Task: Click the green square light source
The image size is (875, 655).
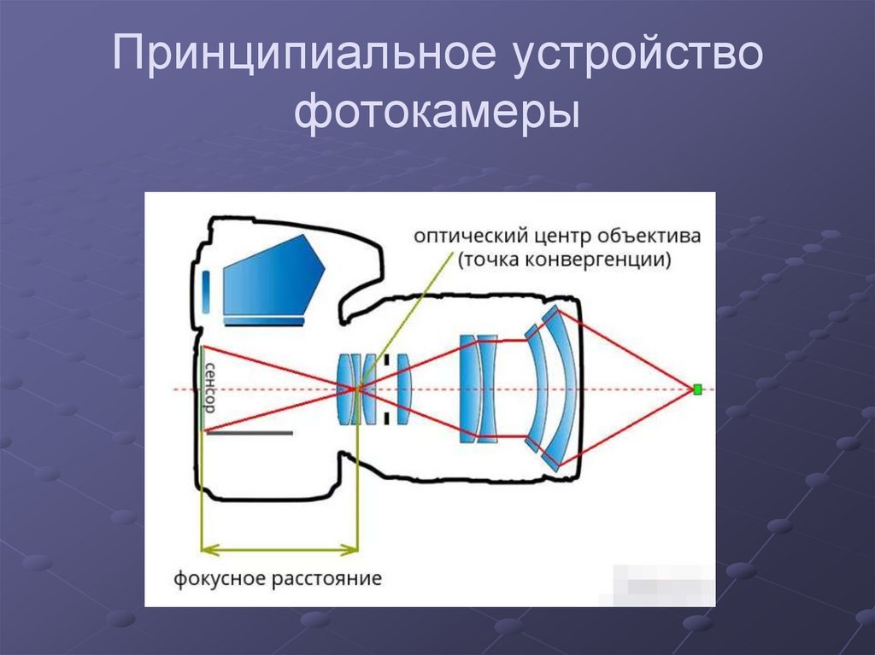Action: click(x=697, y=389)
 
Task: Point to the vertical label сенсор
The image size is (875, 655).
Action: click(x=209, y=386)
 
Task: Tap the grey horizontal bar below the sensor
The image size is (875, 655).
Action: click(x=250, y=433)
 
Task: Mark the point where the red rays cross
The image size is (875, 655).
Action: click(x=356, y=389)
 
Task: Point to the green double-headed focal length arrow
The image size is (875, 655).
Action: click(x=279, y=548)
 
